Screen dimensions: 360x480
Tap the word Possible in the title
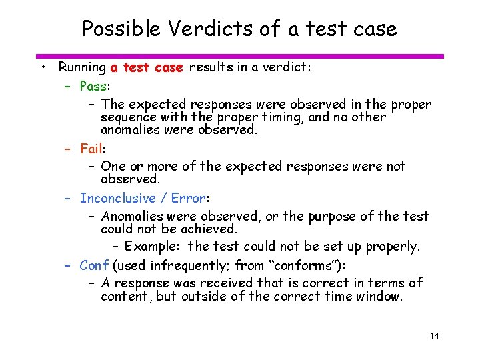(121, 29)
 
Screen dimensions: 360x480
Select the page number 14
(434, 336)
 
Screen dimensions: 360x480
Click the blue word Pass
(94, 86)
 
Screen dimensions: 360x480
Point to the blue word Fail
(91, 148)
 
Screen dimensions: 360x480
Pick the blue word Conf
(94, 265)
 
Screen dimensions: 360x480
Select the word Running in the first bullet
(82, 67)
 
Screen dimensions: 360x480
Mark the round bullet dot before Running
(42, 67)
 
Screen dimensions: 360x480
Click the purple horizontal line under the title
(240, 56)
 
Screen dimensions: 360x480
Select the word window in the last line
(379, 296)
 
